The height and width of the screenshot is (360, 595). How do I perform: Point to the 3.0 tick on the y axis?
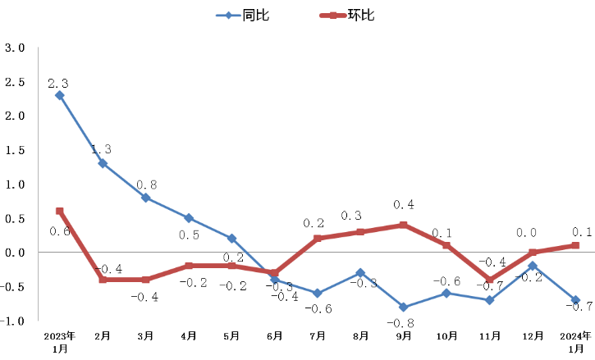click(16, 48)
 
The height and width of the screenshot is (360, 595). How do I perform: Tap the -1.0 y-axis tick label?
click(14, 321)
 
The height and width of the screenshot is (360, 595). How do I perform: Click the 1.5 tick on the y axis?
click(16, 150)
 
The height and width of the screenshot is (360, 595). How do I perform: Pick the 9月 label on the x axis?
click(404, 335)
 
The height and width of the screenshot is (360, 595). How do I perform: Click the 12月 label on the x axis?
click(533, 335)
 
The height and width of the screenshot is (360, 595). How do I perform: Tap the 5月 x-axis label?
click(231, 335)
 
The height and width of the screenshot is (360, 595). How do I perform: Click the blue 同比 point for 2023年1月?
click(60, 95)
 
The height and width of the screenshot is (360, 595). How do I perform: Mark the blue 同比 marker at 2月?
click(103, 163)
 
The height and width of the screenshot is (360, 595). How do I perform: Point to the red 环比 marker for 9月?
click(404, 225)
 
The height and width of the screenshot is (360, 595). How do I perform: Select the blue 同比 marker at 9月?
click(404, 307)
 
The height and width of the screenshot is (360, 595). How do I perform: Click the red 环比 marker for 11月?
click(490, 280)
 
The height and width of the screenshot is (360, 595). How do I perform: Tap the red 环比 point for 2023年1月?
click(60, 212)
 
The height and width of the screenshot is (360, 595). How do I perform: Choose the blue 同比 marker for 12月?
click(533, 266)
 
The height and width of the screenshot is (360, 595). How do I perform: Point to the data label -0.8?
click(404, 322)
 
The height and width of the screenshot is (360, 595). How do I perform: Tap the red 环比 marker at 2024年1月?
click(575, 245)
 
